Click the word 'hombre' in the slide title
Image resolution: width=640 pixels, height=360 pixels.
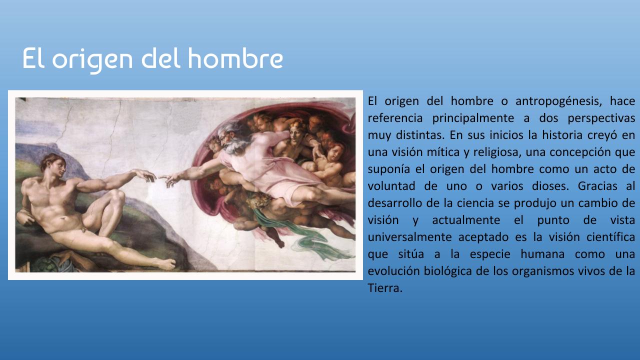235,58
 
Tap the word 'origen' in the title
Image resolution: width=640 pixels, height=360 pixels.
92,60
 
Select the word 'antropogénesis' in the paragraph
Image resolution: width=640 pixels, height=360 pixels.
558,101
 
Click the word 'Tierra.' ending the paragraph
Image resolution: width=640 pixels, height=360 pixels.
385,287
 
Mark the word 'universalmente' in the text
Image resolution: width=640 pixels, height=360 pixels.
409,237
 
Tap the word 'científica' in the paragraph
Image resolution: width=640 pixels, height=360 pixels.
610,237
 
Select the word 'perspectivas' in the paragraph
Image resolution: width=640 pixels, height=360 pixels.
601,118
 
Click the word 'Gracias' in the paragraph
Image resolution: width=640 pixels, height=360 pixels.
597,186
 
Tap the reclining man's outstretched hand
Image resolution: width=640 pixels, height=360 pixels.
145,175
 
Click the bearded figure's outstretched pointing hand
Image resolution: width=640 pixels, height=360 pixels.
171,179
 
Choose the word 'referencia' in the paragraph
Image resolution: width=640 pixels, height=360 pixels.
395,118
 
